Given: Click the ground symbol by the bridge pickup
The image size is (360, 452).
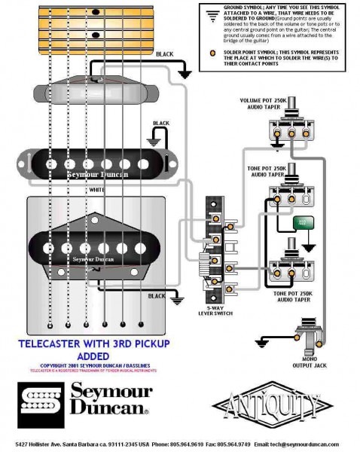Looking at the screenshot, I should tap(178, 300).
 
